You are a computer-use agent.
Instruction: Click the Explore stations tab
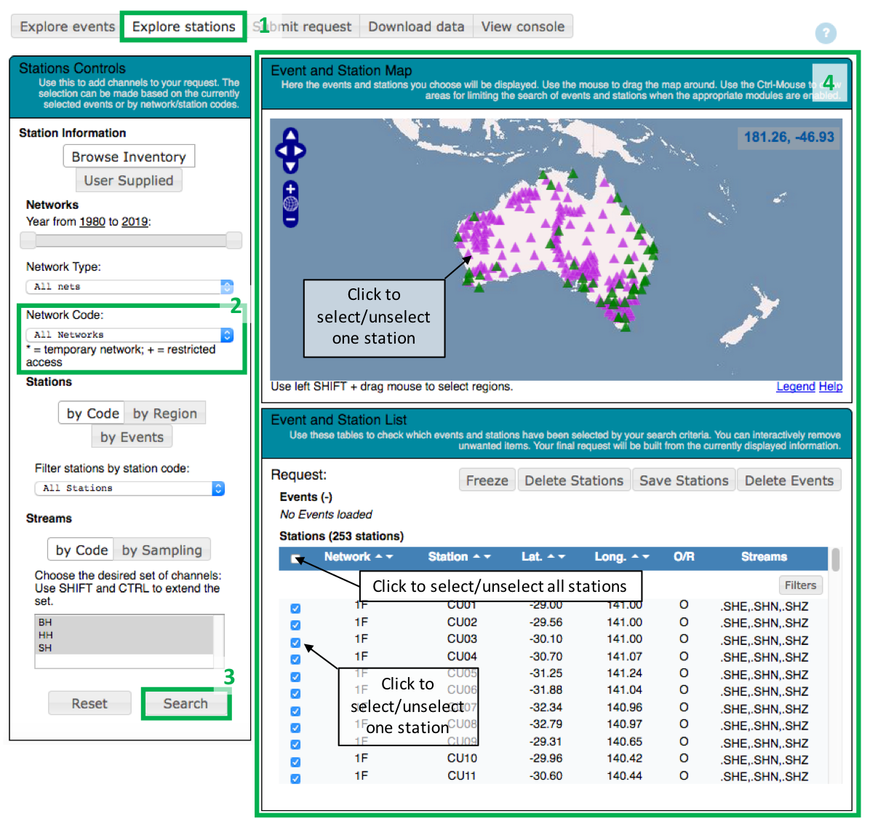coord(183,27)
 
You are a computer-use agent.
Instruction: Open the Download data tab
coord(416,27)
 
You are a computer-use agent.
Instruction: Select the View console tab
coord(522,27)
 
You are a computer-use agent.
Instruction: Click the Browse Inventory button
coord(129,157)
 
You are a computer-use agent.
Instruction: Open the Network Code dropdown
coord(130,335)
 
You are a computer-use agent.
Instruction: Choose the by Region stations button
coord(165,414)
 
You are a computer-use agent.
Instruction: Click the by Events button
coord(132,437)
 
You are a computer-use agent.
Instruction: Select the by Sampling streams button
coord(161,550)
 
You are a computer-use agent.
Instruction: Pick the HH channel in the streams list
coord(46,635)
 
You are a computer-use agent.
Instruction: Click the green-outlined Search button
coord(185,703)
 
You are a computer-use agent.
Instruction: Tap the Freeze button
coord(487,480)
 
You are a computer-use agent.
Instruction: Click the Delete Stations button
coord(574,480)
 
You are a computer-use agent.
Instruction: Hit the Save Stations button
coord(684,480)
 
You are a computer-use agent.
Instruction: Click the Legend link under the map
coord(795,387)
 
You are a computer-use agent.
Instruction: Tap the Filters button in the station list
coord(800,585)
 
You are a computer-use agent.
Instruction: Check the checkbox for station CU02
coord(295,625)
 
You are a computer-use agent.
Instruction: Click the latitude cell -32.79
coord(546,724)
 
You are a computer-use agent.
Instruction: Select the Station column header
coord(448,557)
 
